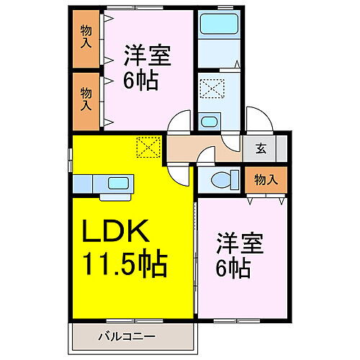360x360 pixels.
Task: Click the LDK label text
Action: tap(116, 230)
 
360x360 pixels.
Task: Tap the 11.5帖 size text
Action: tap(125, 263)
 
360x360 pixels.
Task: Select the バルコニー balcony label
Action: tap(127, 336)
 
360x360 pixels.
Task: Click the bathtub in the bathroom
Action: tap(219, 24)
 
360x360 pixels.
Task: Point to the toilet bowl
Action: tap(221, 180)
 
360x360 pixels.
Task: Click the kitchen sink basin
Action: tap(118, 184)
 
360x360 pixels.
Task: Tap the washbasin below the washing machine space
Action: tap(209, 122)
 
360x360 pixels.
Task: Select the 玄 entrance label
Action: tap(261, 148)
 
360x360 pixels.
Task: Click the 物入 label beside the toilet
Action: tap(266, 179)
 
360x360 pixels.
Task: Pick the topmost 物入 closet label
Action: tap(86, 37)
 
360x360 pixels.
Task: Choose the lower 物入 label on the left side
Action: tap(86, 99)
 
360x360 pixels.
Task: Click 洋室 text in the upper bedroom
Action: tap(147, 55)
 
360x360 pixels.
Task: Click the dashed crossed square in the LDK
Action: tap(148, 147)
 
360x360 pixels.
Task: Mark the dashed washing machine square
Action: tap(212, 89)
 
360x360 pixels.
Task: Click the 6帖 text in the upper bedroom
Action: tap(141, 80)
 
